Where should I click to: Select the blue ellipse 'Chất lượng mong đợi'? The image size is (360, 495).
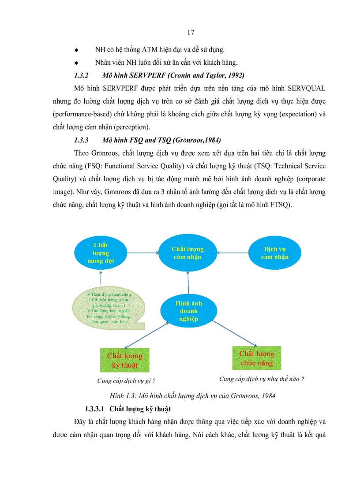click(x=101, y=253)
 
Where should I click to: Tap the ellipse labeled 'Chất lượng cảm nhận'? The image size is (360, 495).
click(x=187, y=253)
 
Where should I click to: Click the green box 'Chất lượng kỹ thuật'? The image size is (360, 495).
click(x=124, y=360)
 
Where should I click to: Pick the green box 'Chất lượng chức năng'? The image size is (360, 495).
click(x=256, y=358)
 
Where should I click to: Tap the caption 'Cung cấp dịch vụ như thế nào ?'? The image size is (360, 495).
click(x=262, y=379)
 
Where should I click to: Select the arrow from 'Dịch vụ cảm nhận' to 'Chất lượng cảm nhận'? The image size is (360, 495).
click(x=232, y=253)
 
